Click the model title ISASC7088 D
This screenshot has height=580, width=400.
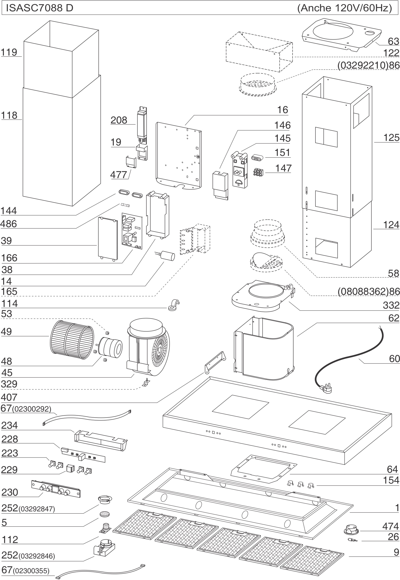[x=40, y=8]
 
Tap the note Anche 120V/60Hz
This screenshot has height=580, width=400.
[x=344, y=8]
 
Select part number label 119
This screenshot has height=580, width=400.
[x=9, y=52]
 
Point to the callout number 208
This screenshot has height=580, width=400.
[x=119, y=120]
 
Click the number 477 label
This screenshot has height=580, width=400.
[x=119, y=175]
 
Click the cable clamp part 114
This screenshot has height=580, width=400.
[x=174, y=305]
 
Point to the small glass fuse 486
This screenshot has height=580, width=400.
[x=125, y=205]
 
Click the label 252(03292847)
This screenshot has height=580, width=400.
[x=28, y=508]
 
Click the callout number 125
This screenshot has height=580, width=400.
[x=391, y=138]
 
